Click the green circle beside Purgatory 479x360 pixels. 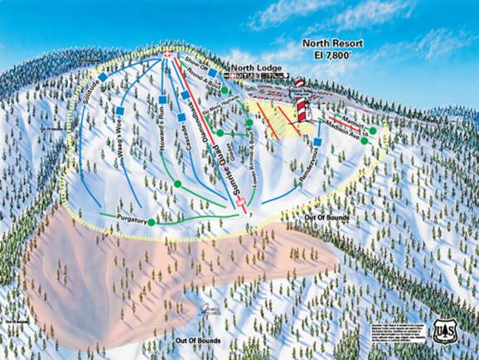point(152,222)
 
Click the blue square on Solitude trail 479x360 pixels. point(103,77)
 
